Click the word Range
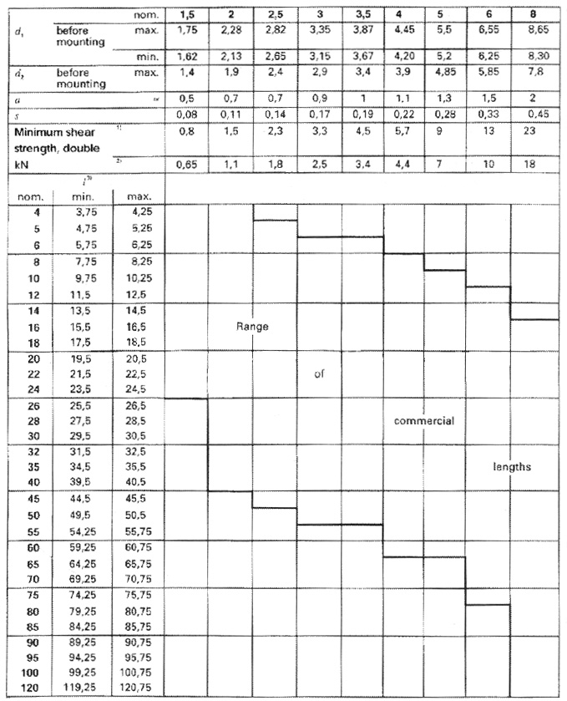(x=252, y=327)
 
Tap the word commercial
(x=423, y=421)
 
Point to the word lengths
(x=511, y=467)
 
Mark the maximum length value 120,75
(x=139, y=688)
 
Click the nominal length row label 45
(x=27, y=500)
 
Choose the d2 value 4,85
(x=446, y=74)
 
